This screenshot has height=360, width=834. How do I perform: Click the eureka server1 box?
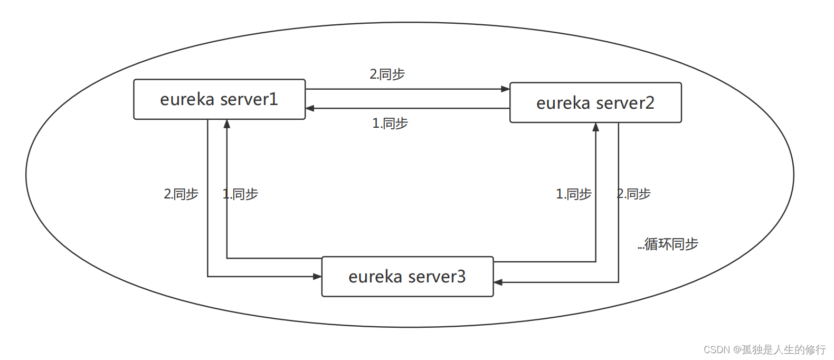pos(219,99)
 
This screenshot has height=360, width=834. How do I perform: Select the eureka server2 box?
pos(595,103)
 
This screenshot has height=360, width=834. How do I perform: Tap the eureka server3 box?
pos(407,277)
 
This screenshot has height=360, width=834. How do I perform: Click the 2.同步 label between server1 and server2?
pos(387,74)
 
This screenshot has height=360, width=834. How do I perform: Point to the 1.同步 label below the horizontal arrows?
pos(390,124)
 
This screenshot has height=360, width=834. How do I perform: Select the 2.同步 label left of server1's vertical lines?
pos(181,194)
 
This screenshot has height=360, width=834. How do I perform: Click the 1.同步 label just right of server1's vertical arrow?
pos(241,194)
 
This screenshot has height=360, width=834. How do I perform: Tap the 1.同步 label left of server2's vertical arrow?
pos(574,194)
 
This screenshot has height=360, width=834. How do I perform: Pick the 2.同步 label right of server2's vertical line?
pos(634,194)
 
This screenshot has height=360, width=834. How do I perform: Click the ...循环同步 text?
pos(668,244)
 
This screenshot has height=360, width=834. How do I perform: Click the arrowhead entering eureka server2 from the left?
pos(506,89)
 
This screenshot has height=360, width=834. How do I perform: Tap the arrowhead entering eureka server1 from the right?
pos(310,108)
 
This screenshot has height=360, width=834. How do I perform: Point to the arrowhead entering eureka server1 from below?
pos(227,124)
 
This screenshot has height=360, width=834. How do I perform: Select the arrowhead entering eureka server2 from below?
pos(596,127)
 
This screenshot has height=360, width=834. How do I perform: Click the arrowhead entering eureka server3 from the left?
pos(318,276)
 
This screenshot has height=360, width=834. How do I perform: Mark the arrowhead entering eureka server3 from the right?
pos(498,282)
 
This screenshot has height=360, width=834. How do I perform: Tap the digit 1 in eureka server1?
pos(273,99)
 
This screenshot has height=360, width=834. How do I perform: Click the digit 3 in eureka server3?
pos(461,277)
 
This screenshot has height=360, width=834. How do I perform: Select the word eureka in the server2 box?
pos(563,103)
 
